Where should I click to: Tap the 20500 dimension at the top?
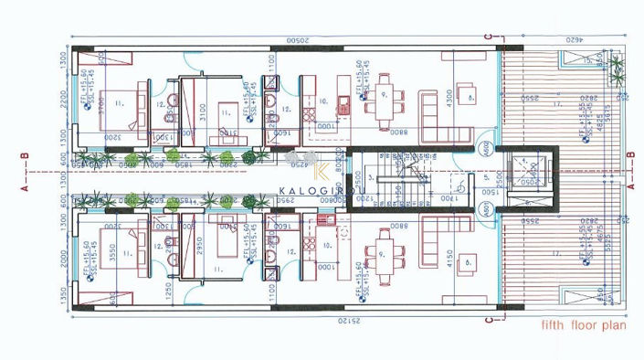point(296,41)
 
